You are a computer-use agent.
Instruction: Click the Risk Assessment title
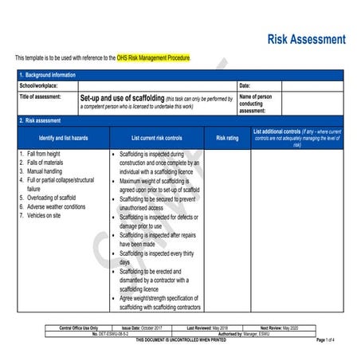click(306, 39)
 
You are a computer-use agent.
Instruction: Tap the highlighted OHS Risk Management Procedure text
click(154, 58)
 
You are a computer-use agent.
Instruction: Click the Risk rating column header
click(227, 138)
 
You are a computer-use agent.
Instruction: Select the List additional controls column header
click(296, 137)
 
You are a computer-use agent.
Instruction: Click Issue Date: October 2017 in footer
click(142, 328)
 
